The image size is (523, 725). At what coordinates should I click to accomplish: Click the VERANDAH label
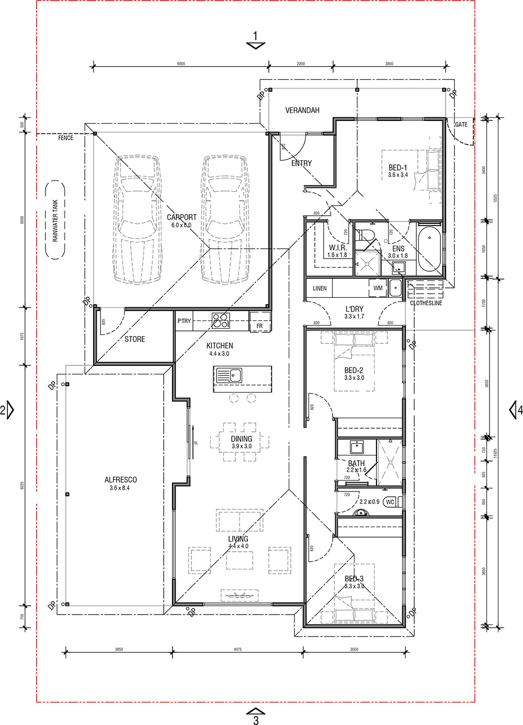[302, 110]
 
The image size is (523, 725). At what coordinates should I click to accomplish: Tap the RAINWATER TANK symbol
[55, 220]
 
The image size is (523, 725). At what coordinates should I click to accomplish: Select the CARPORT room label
[181, 217]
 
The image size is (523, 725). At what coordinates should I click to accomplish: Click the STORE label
[135, 339]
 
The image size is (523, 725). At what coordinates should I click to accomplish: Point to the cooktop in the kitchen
[220, 320]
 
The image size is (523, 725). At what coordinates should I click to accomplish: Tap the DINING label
[242, 439]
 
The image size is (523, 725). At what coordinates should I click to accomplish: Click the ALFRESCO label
[121, 479]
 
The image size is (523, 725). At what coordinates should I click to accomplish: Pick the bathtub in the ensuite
[430, 249]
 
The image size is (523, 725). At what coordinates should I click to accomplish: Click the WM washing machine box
[378, 288]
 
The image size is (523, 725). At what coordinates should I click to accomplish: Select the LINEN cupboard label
[320, 288]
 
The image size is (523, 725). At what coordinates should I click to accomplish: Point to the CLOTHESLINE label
[426, 303]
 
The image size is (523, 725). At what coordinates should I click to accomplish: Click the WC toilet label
[390, 502]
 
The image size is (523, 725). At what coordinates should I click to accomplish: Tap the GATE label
[461, 125]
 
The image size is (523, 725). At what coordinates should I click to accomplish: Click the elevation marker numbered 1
[255, 40]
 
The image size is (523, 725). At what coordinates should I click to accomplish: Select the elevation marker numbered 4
[516, 410]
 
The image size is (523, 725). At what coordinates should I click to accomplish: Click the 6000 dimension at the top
[181, 64]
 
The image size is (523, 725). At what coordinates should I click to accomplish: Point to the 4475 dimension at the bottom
[238, 649]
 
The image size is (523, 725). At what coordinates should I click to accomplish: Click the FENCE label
[65, 138]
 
